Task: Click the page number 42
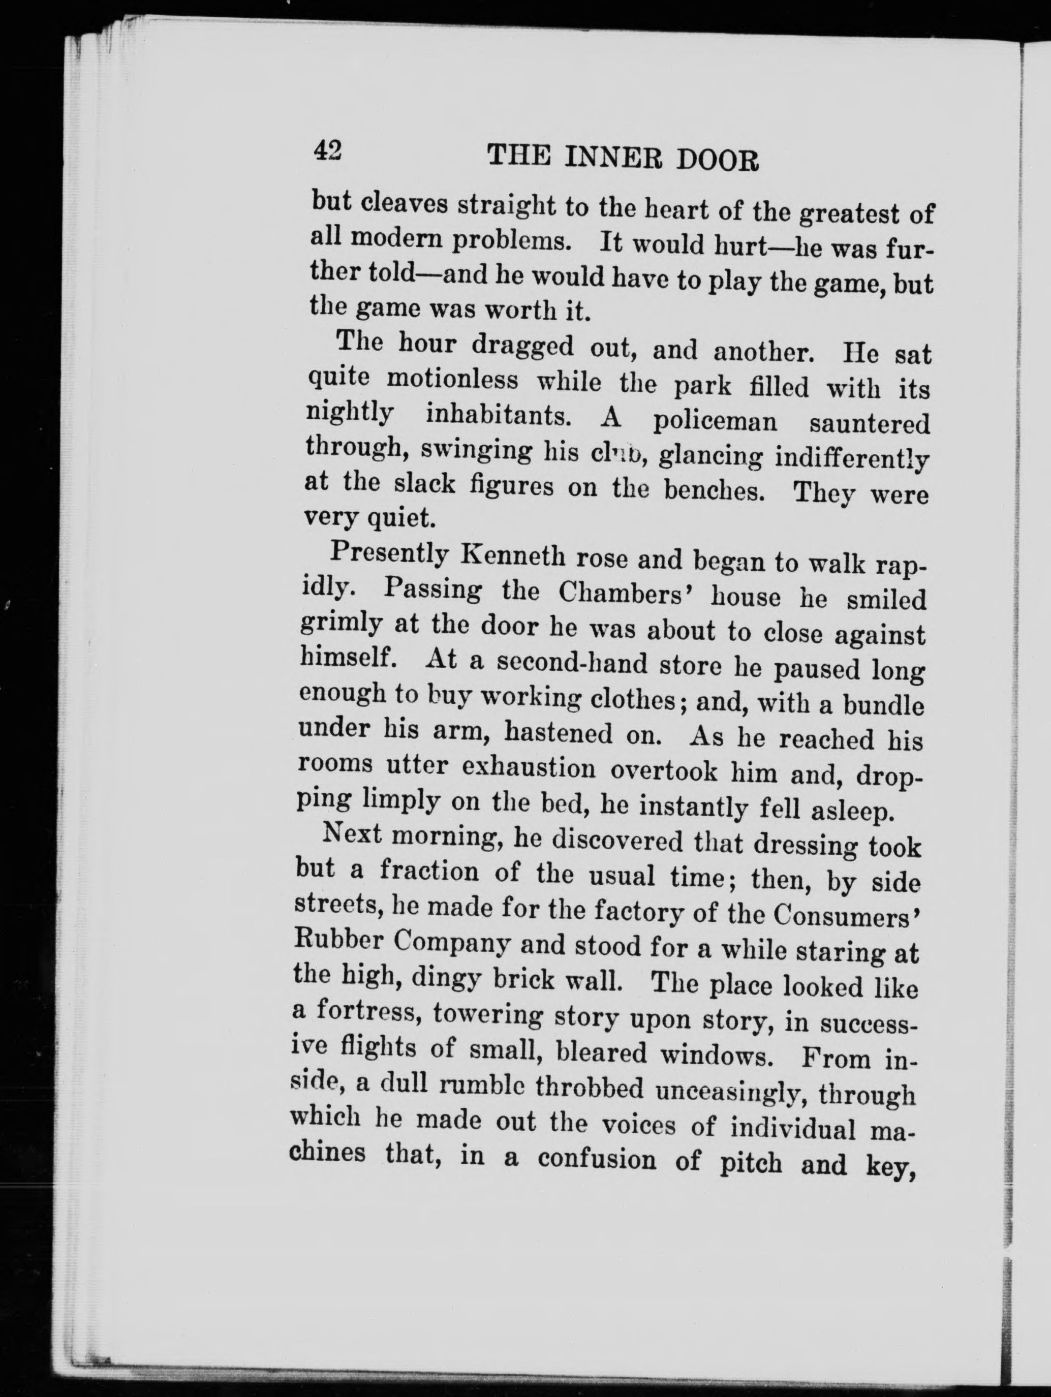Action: coord(327,151)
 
